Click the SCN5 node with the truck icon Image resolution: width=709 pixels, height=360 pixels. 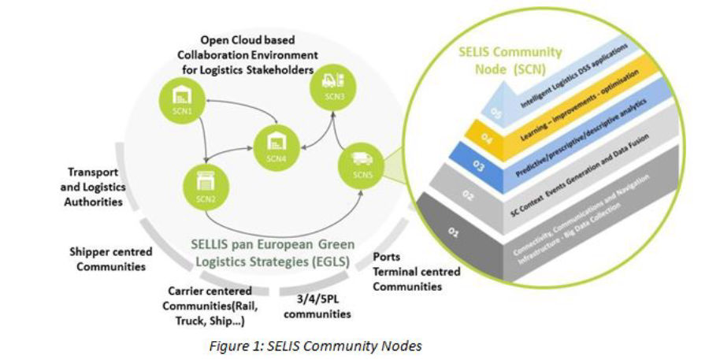361,164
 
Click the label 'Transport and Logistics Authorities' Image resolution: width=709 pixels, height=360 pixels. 96,187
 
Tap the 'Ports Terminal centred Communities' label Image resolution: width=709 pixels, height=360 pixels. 415,272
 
